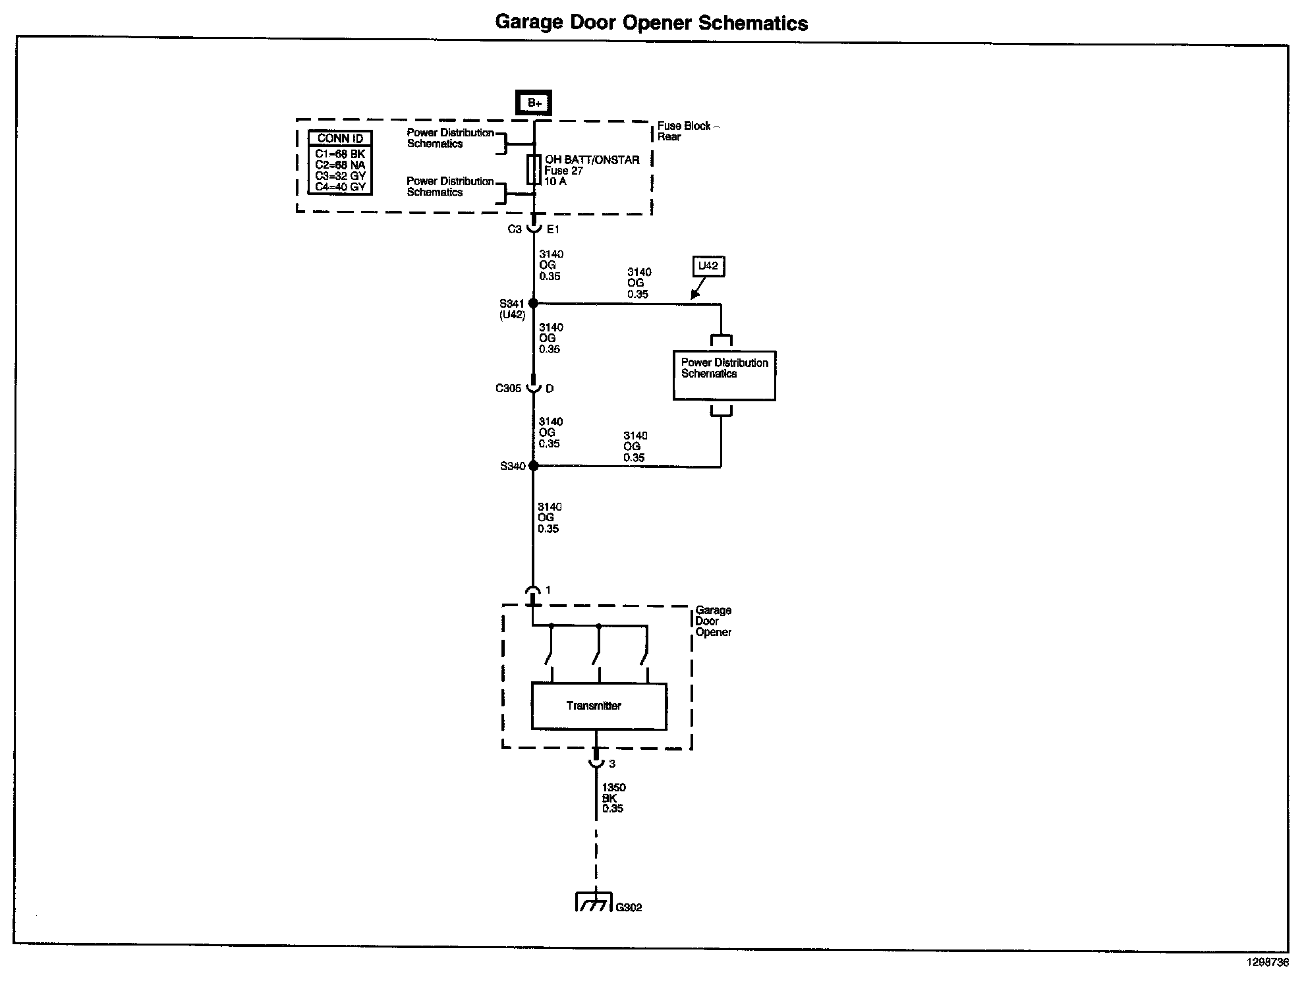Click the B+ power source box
point(534,103)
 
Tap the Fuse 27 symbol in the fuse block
point(533,170)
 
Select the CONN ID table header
point(340,138)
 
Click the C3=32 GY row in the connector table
point(340,176)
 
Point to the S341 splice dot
point(533,303)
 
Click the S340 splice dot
point(533,466)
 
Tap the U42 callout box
point(708,266)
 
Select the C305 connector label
point(508,389)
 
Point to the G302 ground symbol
point(595,902)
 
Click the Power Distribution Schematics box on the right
point(724,375)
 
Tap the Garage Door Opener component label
point(713,621)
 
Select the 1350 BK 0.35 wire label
point(613,798)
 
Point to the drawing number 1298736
point(1266,962)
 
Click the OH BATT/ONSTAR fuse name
point(592,160)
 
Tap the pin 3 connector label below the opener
point(612,764)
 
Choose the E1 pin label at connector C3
point(553,229)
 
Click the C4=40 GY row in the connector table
point(340,187)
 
